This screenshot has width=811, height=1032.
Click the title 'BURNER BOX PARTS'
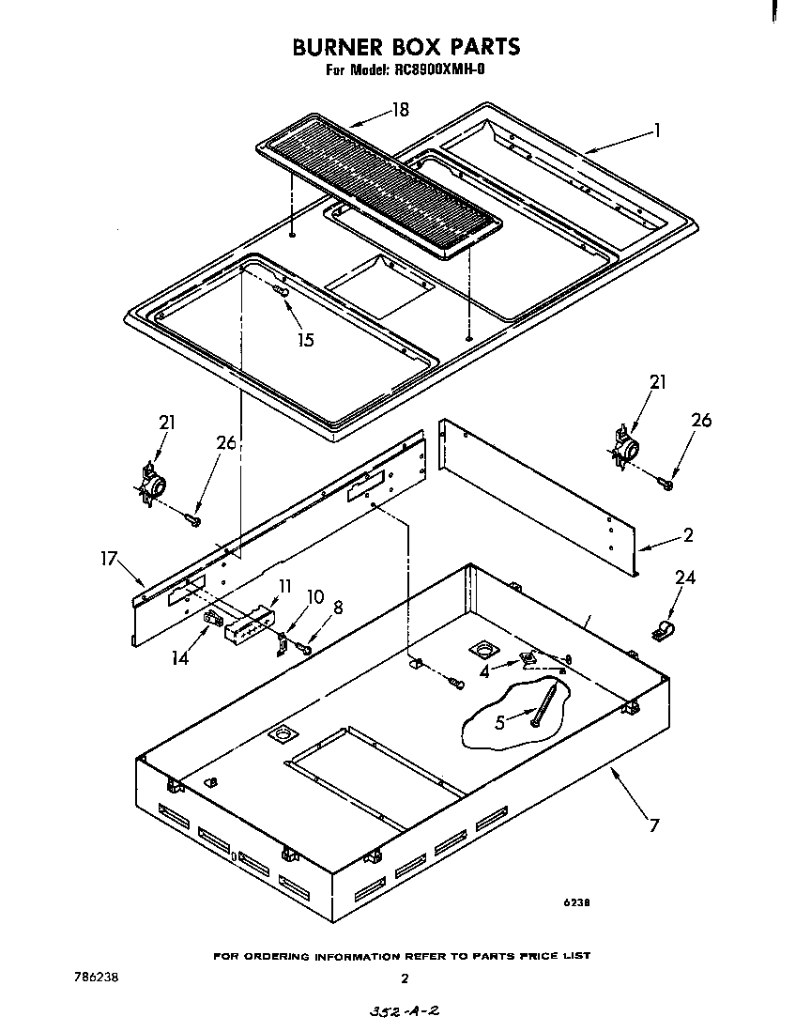tap(405, 46)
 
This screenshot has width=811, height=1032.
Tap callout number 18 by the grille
tap(400, 111)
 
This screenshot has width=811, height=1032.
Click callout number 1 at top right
tap(657, 131)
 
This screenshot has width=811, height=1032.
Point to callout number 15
tap(305, 339)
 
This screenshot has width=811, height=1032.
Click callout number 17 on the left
tap(109, 560)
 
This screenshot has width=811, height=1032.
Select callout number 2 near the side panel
tap(688, 535)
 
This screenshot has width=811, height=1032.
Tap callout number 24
tap(685, 578)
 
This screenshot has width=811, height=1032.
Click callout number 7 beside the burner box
tap(654, 825)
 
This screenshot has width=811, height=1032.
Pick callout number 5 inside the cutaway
tap(500, 723)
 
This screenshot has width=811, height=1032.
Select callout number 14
tap(179, 657)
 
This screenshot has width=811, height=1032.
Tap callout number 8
tap(337, 608)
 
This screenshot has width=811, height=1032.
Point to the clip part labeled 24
tap(664, 632)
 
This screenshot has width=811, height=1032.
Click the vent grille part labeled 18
tap(380, 187)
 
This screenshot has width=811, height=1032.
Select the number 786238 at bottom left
tap(95, 977)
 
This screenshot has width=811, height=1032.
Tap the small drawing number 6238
tap(576, 903)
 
